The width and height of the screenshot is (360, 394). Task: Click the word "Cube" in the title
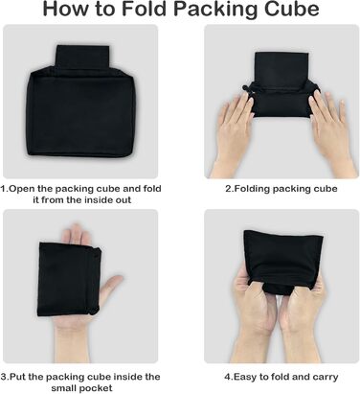291,10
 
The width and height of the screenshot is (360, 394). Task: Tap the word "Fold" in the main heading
145,10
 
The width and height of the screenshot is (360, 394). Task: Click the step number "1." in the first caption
4,189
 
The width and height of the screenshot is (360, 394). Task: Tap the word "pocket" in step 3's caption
96,388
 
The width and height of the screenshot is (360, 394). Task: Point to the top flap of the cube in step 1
82,57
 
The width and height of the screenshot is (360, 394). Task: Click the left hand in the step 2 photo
237,134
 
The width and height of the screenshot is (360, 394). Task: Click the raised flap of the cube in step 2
281,67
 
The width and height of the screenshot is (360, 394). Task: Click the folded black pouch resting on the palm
70,279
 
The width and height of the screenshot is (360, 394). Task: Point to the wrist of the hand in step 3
72,347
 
